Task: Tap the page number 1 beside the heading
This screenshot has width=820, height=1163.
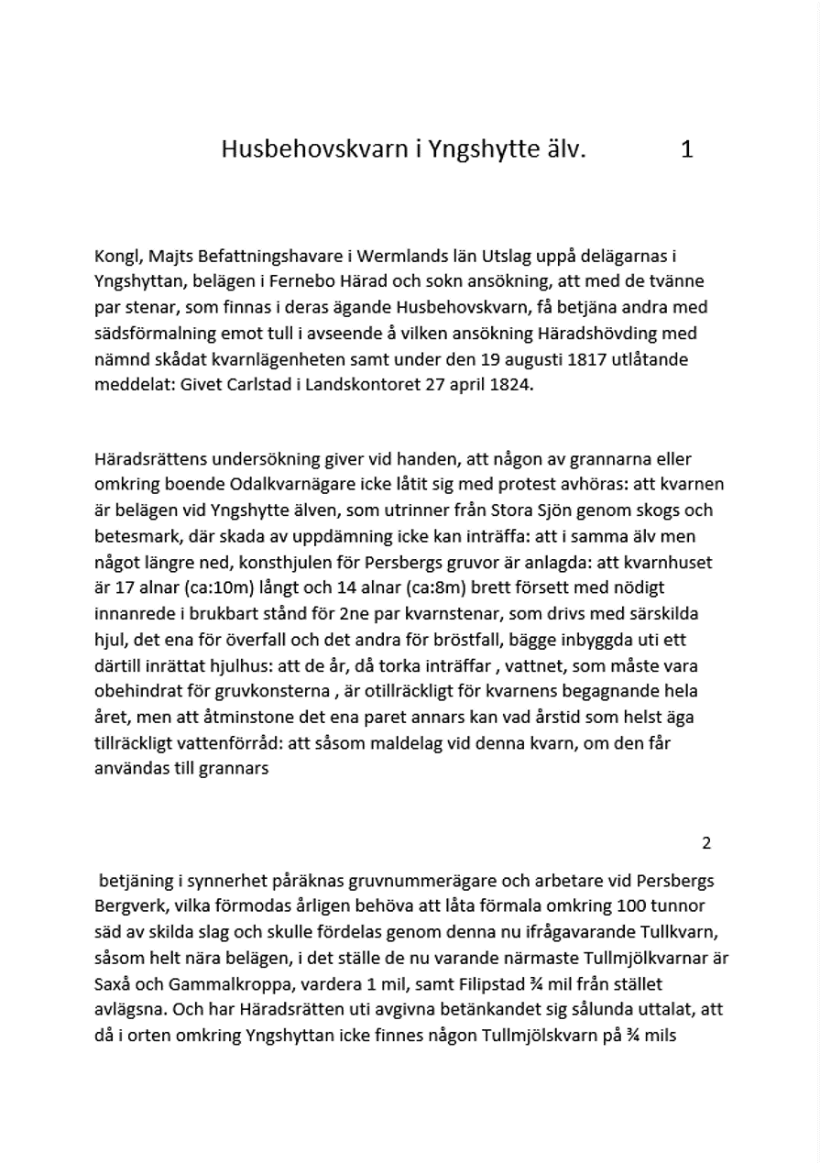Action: click(x=687, y=149)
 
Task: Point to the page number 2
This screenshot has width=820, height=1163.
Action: click(x=705, y=843)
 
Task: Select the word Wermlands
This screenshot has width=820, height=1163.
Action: click(x=399, y=257)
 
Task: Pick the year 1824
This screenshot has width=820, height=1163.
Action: click(x=508, y=384)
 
